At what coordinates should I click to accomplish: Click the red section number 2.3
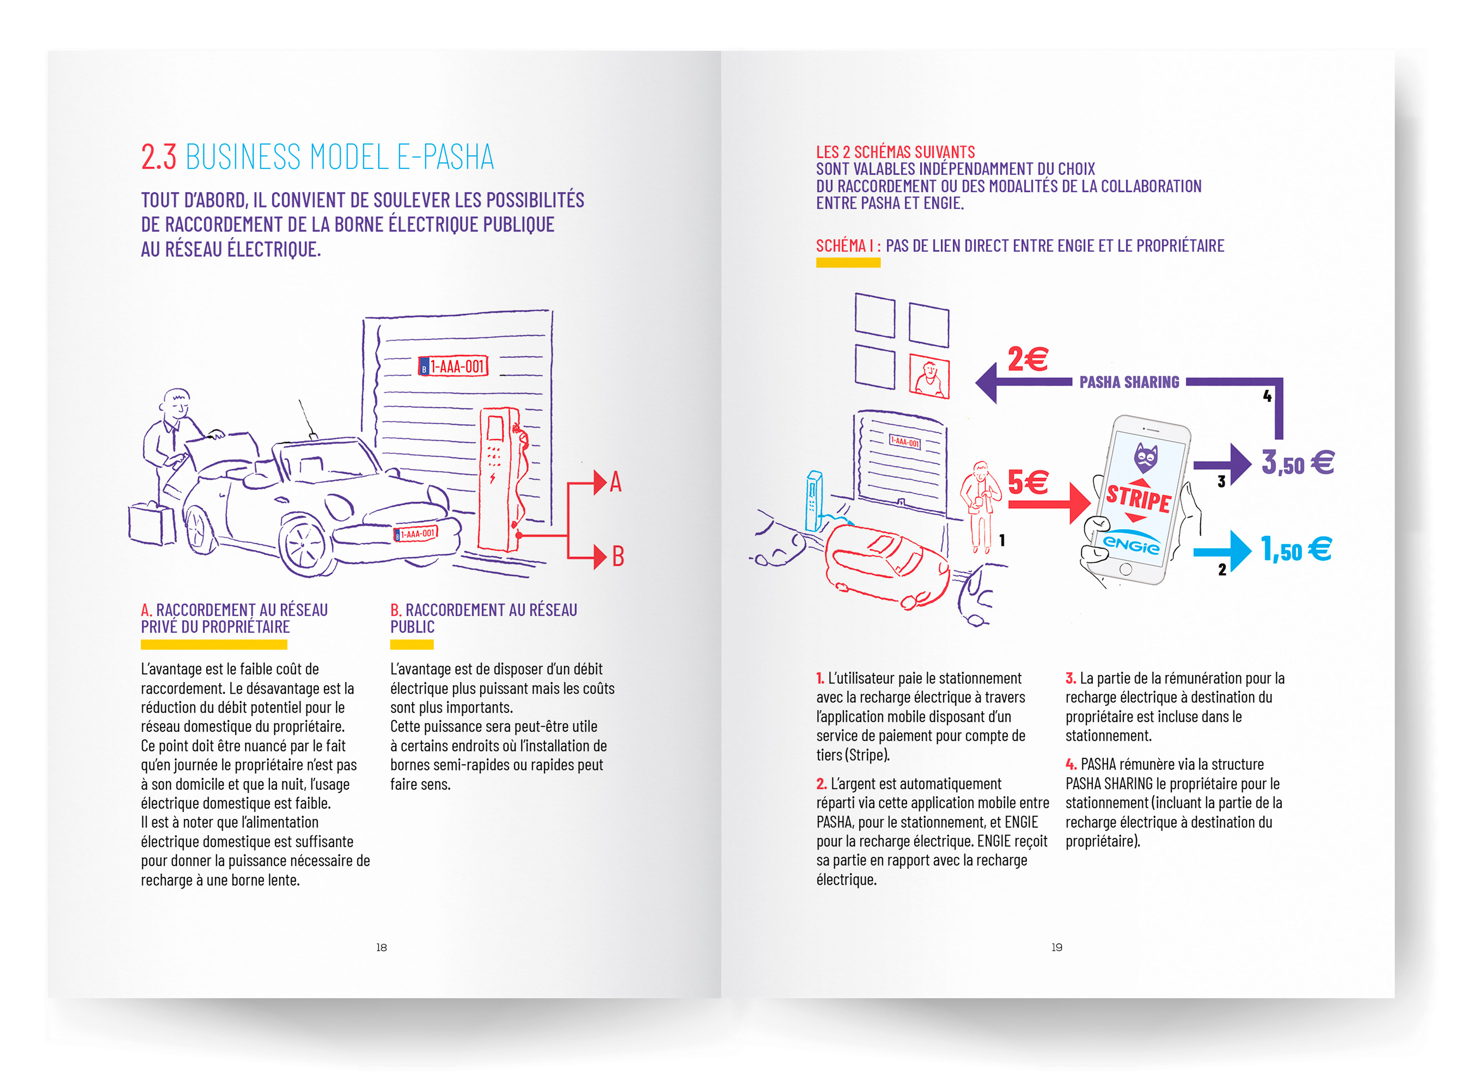tap(158, 157)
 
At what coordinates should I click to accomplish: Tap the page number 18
tap(381, 947)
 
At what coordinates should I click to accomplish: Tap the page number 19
tap(1057, 947)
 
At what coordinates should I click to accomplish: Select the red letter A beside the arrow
tap(615, 482)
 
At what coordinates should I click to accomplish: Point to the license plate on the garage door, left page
tap(453, 366)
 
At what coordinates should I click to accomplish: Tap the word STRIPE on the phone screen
tap(1138, 498)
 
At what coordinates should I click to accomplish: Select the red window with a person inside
tap(928, 377)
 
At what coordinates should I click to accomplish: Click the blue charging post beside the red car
tap(813, 500)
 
